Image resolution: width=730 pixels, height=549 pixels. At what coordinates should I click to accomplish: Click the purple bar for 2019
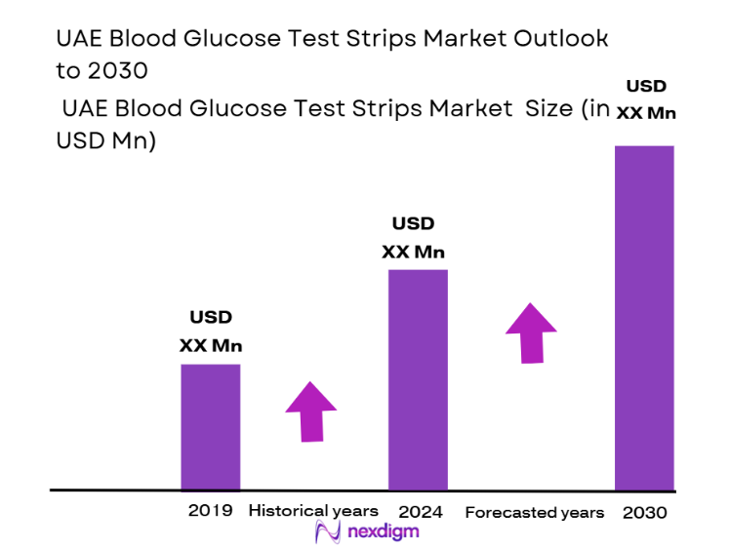point(211,426)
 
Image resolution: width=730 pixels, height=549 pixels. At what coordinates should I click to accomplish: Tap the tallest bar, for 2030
point(644,317)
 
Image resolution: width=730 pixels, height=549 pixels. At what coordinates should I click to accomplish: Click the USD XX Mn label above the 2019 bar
point(211,332)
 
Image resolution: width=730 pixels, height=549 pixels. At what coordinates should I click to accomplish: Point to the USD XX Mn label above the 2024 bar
point(413,238)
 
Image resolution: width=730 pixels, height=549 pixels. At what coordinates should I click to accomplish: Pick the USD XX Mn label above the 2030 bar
point(646,99)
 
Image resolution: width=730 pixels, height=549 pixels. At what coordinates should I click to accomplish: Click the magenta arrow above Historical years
point(310,411)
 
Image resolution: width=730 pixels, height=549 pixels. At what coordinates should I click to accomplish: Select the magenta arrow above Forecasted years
point(531,333)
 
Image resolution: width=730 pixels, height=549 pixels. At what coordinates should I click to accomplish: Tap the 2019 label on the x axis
point(210,511)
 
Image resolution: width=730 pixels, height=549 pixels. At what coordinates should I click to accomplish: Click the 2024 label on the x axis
point(421,511)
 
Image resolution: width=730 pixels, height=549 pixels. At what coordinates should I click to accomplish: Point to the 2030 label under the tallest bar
point(645,512)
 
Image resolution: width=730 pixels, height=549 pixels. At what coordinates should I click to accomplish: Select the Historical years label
point(313,511)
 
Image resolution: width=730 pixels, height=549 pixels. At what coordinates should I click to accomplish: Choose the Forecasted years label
point(534,512)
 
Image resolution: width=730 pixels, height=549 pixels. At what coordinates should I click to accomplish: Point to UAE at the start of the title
point(72,38)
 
